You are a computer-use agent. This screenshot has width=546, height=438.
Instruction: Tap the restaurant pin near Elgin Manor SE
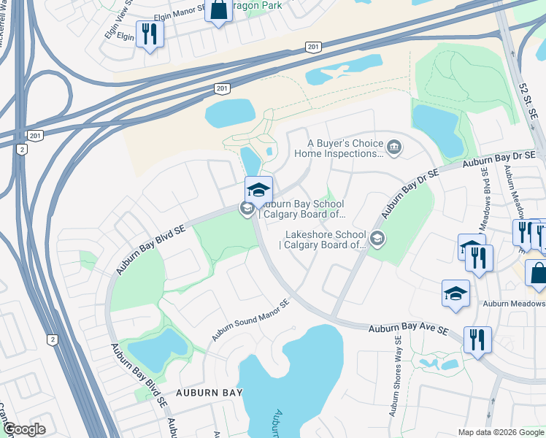coord(150,34)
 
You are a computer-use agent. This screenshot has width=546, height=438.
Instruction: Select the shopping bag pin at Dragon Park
coord(218,11)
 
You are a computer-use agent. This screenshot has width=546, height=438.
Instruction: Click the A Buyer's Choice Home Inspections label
coord(339,148)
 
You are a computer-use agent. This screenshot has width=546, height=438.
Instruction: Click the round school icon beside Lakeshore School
coord(377,237)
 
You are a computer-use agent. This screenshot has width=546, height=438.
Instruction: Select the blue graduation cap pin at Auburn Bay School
coord(258,191)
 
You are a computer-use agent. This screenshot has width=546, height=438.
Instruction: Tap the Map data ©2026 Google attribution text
coord(501,431)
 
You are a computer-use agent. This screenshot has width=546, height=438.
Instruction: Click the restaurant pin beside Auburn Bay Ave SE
coord(477,339)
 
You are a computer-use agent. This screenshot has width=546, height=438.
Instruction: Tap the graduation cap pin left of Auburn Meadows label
coord(455,295)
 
